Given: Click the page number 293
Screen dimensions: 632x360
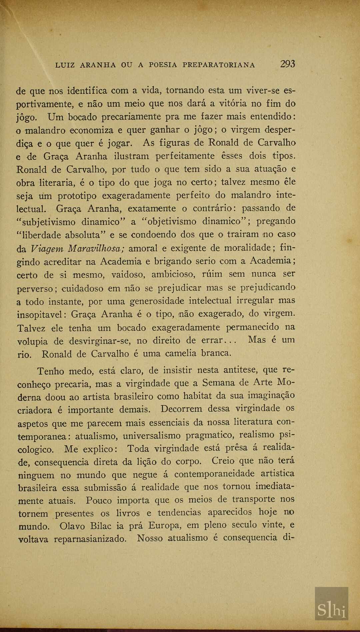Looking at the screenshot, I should pos(287,64).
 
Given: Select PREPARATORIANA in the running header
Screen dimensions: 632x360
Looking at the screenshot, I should pos(218,65).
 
